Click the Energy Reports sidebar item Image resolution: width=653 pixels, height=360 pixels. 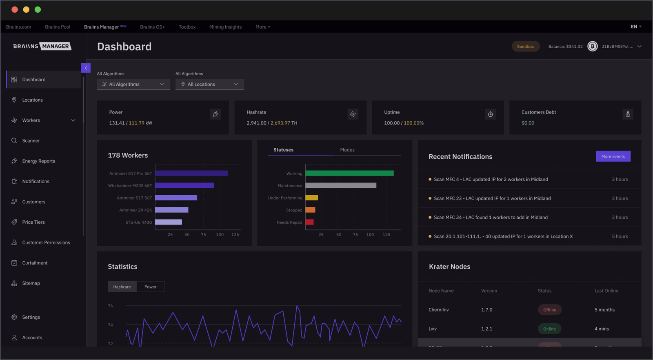(x=38, y=161)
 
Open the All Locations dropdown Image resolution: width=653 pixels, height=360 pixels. (x=209, y=84)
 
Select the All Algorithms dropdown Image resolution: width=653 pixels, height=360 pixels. (x=133, y=84)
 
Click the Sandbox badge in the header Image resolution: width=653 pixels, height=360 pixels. (x=525, y=47)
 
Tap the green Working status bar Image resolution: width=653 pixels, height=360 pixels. (x=349, y=173)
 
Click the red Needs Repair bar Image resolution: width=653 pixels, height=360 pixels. (x=309, y=222)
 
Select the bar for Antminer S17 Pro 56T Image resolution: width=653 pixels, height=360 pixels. (x=191, y=173)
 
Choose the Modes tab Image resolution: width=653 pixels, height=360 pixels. (x=347, y=150)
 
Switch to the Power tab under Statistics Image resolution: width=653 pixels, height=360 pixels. (x=150, y=287)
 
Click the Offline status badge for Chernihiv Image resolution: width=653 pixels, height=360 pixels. (x=549, y=310)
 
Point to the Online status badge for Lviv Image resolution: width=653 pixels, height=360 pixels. (x=549, y=329)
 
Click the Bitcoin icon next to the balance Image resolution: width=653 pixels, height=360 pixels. (x=592, y=47)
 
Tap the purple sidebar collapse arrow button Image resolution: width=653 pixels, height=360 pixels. (x=86, y=68)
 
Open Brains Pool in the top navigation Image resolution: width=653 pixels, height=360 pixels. (x=58, y=27)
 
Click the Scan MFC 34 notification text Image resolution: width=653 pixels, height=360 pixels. (x=491, y=218)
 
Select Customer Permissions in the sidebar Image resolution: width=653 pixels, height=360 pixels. (x=46, y=243)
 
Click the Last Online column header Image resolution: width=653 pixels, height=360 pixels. (x=606, y=291)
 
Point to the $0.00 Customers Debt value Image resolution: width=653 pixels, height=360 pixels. (x=528, y=123)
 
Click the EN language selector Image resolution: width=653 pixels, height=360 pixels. (x=636, y=27)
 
